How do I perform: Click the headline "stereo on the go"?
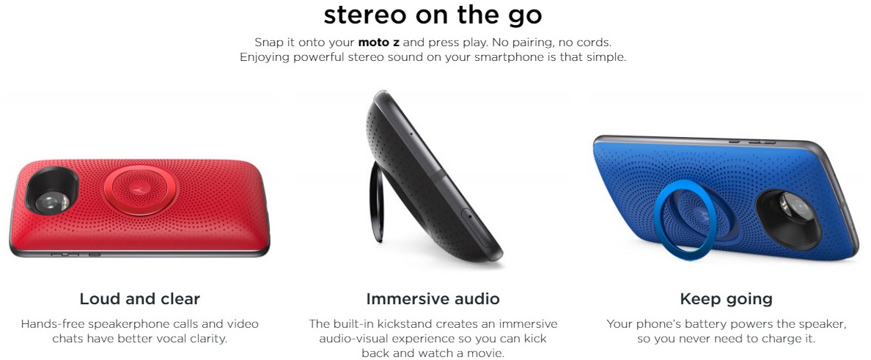tap(433, 15)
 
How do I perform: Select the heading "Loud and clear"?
tap(139, 299)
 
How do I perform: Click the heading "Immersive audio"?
tap(433, 299)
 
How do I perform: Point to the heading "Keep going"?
tap(726, 299)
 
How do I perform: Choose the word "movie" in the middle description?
tap(484, 353)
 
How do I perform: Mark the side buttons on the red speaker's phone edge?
tap(76, 255)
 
